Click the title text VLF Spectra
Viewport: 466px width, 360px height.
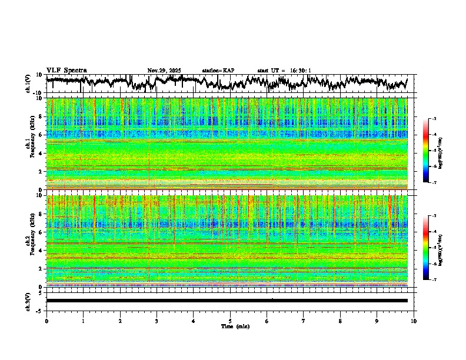click(66, 71)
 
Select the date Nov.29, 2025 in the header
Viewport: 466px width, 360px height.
click(164, 71)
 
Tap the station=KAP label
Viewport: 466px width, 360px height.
click(218, 71)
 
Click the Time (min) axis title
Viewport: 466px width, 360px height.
click(230, 326)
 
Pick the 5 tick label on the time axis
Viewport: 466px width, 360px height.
click(230, 321)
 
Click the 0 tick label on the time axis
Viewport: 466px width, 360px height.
click(46, 321)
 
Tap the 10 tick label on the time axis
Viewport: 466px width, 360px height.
click(414, 321)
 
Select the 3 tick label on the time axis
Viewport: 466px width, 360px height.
click(157, 321)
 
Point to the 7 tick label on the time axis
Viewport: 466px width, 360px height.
click(304, 321)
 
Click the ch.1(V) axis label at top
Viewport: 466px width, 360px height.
click(28, 84)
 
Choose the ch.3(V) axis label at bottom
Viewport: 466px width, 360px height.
click(28, 301)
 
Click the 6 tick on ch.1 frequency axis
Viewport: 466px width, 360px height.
click(42, 135)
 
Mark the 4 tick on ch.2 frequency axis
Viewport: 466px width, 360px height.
click(42, 250)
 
